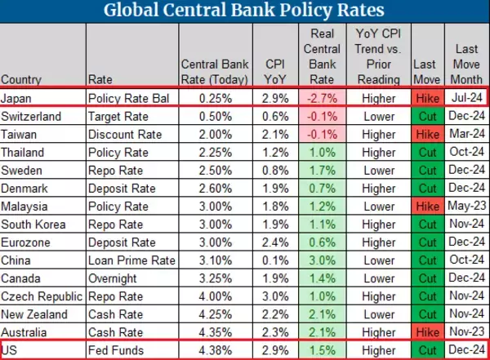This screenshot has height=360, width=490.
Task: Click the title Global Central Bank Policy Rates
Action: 245,11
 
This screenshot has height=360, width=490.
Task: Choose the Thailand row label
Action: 25,153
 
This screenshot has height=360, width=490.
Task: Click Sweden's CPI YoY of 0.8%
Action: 274,170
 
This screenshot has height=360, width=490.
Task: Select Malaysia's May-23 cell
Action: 465,206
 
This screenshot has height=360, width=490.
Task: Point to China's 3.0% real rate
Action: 325,260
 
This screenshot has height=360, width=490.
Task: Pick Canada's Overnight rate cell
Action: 115,278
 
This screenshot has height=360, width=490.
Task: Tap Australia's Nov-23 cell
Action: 465,331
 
